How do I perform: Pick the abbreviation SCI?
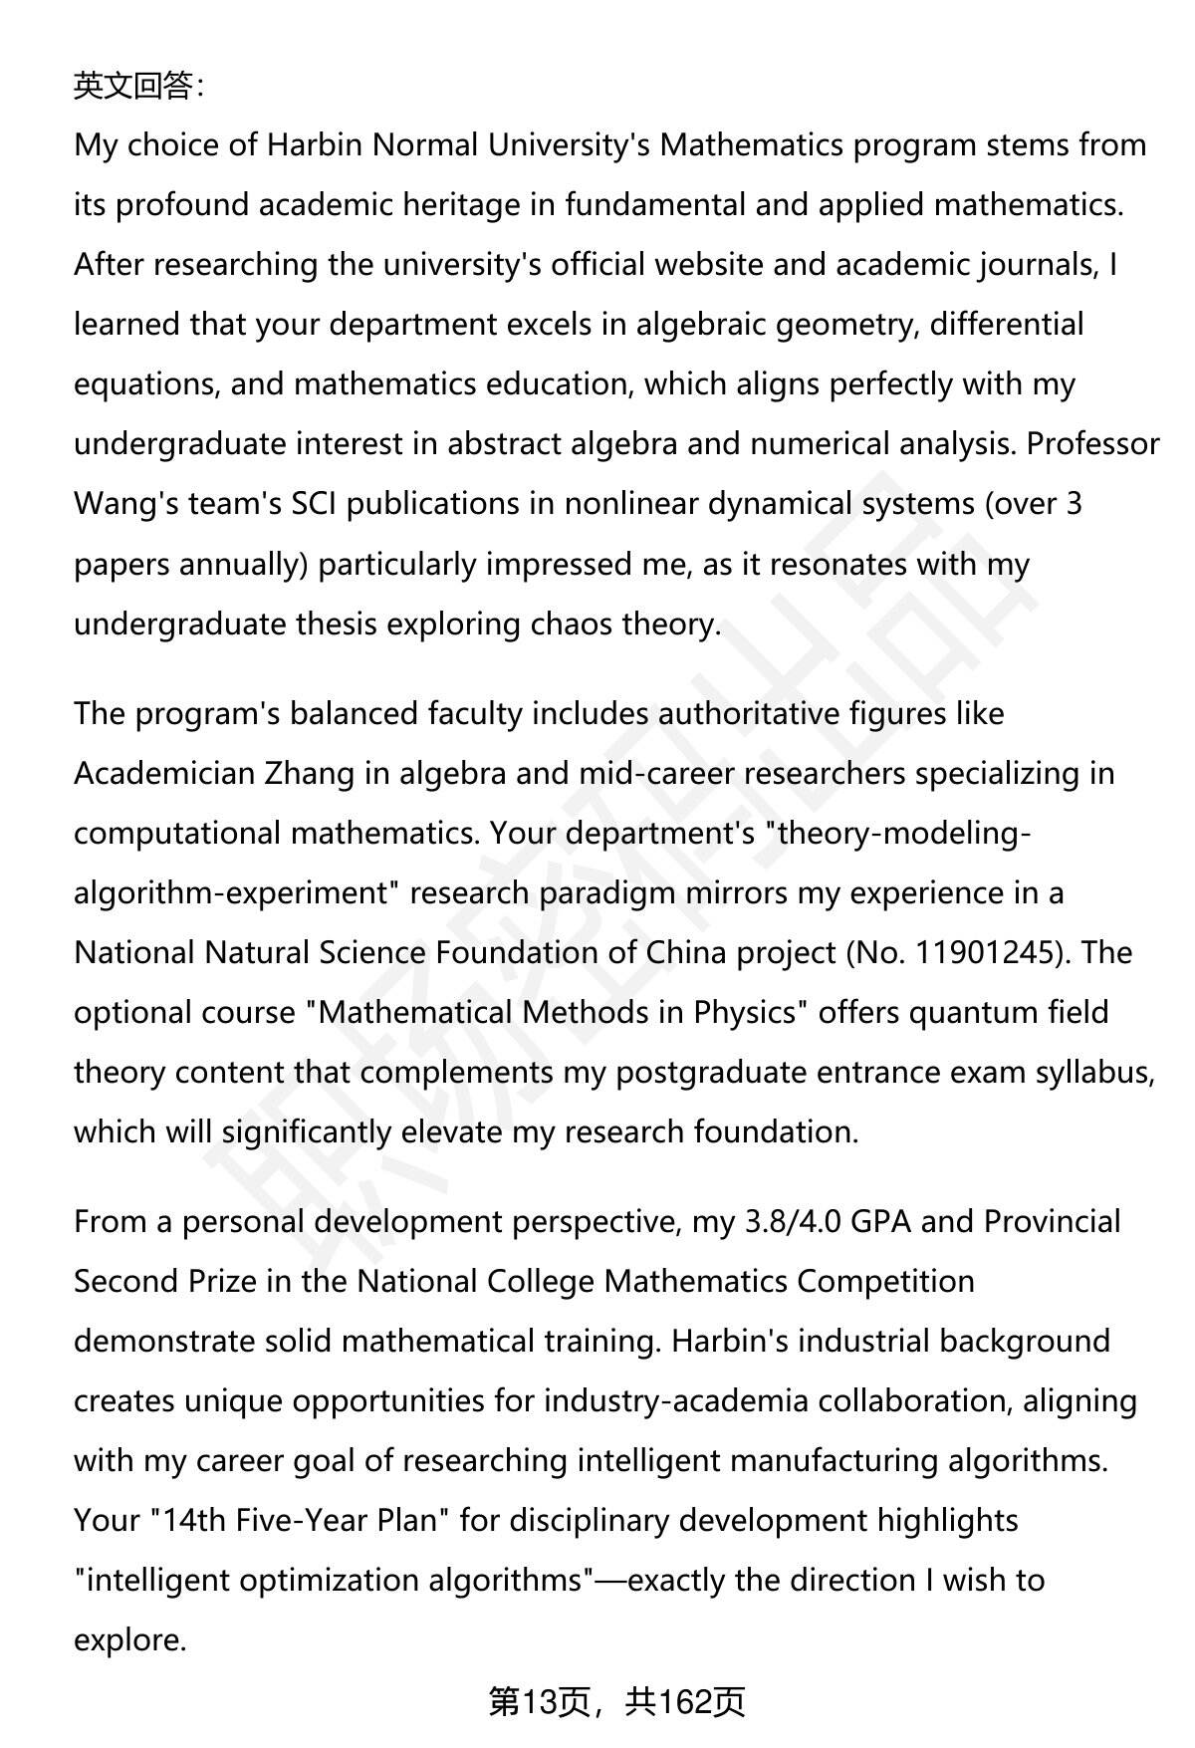pyautogui.click(x=314, y=504)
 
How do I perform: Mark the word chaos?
pyautogui.click(x=573, y=624)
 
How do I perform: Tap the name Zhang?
pyautogui.click(x=309, y=774)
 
